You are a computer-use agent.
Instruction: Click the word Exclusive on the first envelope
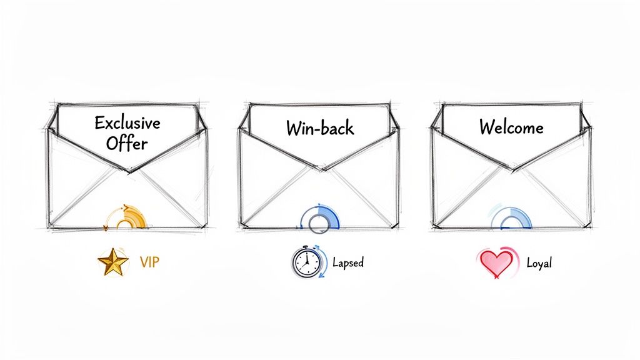click(x=127, y=122)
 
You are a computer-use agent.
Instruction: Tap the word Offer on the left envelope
click(x=127, y=144)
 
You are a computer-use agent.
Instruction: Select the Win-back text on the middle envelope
click(x=320, y=128)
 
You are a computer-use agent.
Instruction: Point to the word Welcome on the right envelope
click(x=511, y=127)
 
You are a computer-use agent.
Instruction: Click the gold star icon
click(x=113, y=262)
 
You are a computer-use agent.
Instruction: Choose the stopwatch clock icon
click(x=306, y=263)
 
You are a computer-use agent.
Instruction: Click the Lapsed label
click(x=348, y=262)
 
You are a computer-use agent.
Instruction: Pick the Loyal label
click(x=539, y=263)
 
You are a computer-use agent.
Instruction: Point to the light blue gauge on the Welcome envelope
click(x=511, y=218)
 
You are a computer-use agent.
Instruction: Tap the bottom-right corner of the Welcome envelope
click(x=591, y=227)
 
